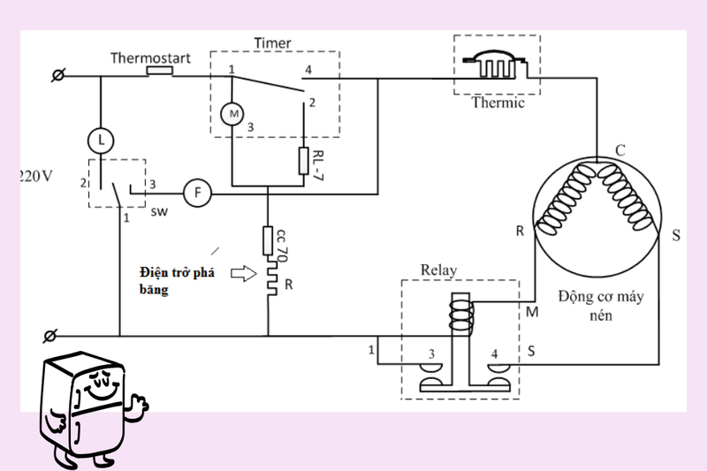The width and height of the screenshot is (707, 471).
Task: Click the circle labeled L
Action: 101,139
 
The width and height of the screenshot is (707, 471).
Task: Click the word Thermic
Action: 498,103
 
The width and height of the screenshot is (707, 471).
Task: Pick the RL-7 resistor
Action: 302,161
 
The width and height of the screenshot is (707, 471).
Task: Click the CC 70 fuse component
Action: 268,241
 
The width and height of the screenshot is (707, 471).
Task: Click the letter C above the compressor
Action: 620,151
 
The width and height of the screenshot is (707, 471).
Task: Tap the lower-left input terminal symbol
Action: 50,336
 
